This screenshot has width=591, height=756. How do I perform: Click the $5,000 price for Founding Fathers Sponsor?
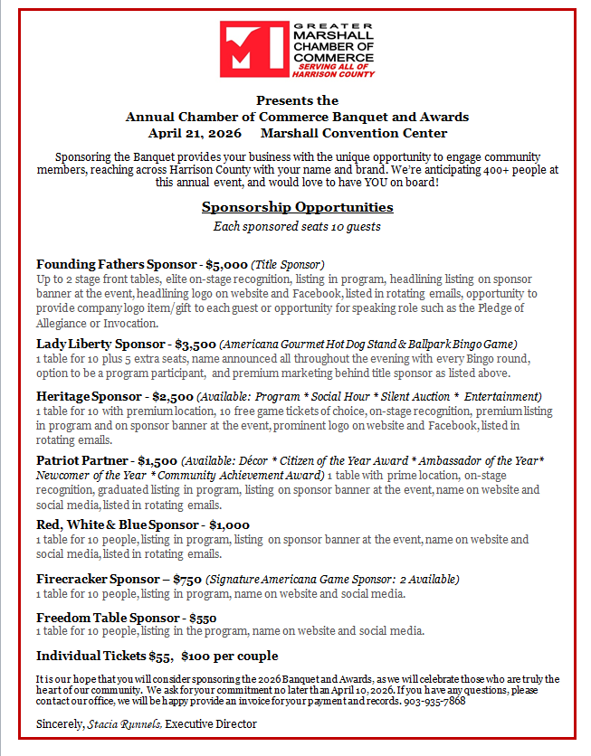click(226, 265)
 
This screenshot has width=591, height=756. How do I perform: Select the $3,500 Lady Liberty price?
click(195, 345)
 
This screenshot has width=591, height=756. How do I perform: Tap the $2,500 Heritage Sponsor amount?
click(172, 397)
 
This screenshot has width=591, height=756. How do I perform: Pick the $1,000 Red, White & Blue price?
click(229, 525)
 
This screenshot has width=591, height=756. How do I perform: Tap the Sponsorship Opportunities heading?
click(297, 208)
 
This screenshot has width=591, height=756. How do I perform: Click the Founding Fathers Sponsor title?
click(116, 265)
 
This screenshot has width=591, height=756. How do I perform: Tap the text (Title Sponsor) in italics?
click(287, 265)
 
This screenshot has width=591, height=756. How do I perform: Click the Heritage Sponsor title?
click(90, 397)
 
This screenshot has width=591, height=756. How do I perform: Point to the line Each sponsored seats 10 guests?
click(297, 227)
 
